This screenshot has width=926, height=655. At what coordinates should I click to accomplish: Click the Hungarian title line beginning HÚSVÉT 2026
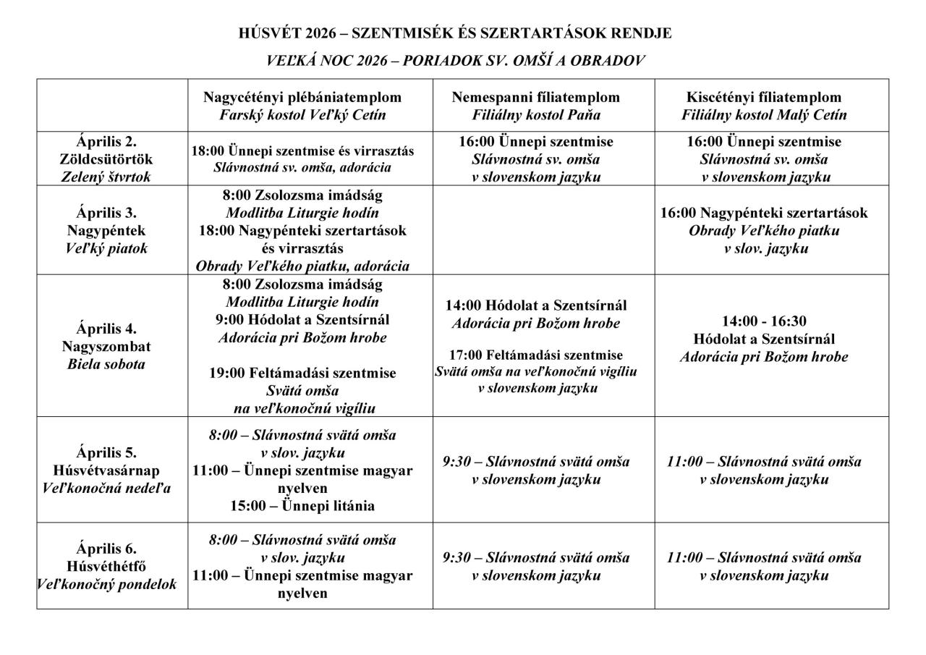(455, 33)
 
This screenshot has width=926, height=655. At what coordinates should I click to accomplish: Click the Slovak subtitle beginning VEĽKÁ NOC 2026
(455, 62)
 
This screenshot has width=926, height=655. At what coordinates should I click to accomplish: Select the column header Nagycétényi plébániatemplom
(302, 97)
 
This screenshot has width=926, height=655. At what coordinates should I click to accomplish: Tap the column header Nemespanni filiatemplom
(536, 97)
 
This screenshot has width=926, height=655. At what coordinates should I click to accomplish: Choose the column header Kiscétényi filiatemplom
(764, 97)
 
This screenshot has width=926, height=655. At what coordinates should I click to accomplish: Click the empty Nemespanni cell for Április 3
(543, 230)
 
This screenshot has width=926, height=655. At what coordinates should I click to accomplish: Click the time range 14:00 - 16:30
(764, 321)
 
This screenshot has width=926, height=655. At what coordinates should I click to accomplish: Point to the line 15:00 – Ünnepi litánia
(302, 506)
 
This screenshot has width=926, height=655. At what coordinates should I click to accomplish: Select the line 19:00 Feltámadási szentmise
(302, 373)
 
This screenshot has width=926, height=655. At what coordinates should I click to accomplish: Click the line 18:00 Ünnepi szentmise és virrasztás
(302, 151)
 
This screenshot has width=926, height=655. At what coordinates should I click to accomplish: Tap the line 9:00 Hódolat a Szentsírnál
(302, 320)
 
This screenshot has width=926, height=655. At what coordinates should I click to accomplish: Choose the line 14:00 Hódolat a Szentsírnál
(536, 305)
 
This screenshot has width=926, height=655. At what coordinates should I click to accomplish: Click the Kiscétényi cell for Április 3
(764, 230)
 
